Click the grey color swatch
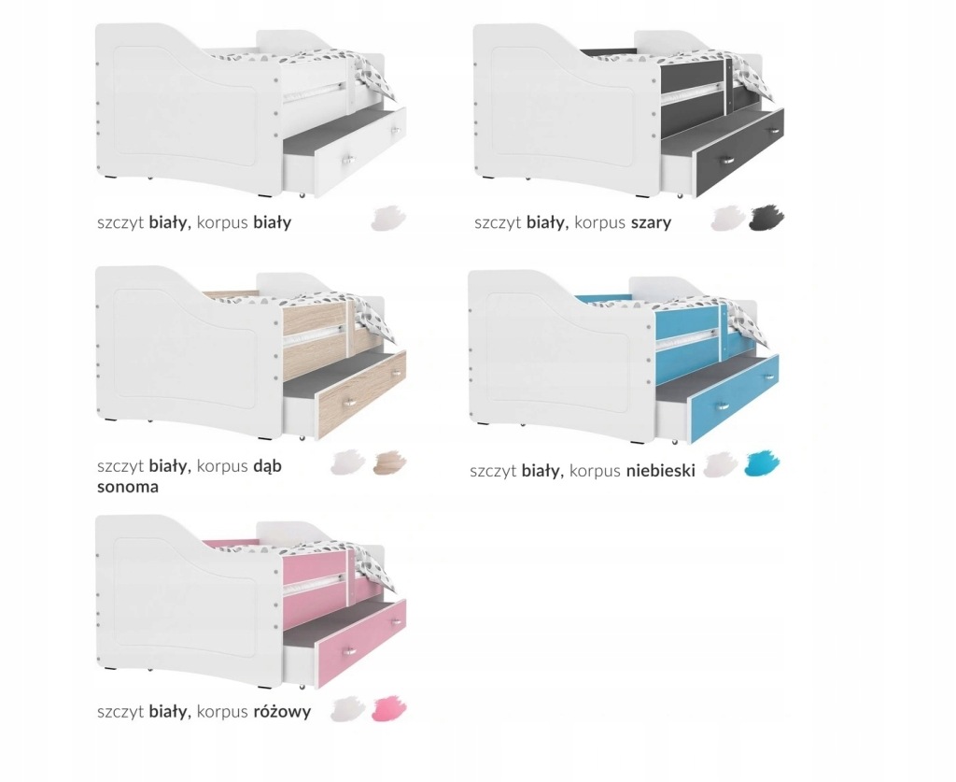point(766,219)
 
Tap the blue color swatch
point(763,464)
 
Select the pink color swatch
point(390,708)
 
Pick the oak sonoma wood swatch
point(390,463)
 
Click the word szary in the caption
point(651,222)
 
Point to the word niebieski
point(660,471)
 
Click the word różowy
point(282,711)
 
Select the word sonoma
point(128,487)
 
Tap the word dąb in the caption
point(267,466)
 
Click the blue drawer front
point(736,399)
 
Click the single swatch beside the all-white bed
point(387,219)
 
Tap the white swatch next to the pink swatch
point(348,709)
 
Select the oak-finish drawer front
point(361,394)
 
